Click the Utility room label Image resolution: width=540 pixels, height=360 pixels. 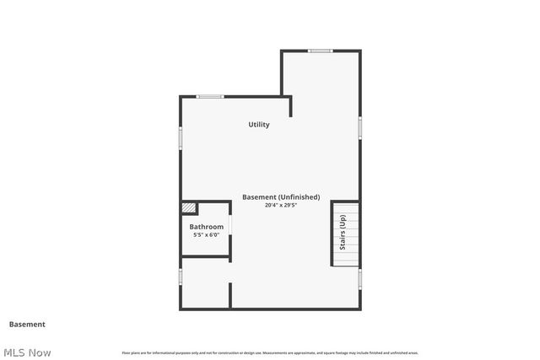259,125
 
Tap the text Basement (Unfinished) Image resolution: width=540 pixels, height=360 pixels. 281,197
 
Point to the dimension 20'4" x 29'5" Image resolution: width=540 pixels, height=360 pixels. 281,205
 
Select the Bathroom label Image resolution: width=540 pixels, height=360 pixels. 206,227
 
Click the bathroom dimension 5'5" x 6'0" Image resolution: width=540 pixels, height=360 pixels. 206,235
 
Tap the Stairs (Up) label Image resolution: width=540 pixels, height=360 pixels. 343,234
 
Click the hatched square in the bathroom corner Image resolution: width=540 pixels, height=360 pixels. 189,207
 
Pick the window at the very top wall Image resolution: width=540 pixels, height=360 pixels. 320,51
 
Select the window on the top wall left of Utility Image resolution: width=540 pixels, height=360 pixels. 210,96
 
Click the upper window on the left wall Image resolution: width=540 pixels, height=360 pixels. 181,138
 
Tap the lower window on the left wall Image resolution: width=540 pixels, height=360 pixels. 181,277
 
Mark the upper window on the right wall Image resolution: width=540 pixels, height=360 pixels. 360,126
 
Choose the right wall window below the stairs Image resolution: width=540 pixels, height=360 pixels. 360,278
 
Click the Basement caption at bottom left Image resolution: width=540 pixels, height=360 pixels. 27,324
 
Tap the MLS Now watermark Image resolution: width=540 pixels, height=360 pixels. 27,352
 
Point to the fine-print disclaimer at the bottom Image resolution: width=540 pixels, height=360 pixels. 270,352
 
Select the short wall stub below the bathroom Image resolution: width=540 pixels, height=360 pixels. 230,296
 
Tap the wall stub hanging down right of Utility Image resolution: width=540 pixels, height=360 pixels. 291,106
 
